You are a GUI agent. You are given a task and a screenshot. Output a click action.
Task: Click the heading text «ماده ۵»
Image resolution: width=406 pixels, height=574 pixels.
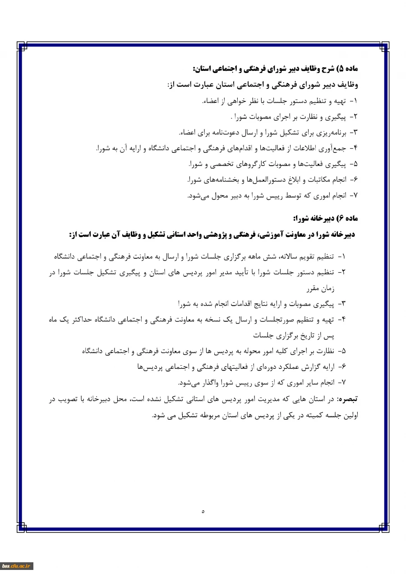click(x=348, y=69)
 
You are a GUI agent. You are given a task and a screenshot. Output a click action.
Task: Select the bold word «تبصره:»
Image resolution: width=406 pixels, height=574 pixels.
click(x=346, y=399)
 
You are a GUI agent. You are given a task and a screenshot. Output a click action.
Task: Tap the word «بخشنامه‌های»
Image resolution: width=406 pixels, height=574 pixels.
click(x=225, y=179)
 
